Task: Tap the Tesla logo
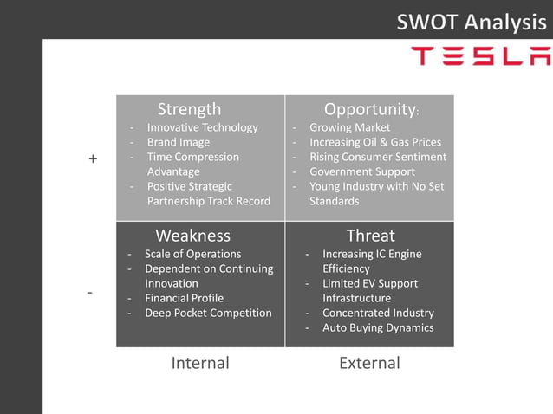(479, 57)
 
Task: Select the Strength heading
(189, 109)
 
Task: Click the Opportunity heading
(370, 109)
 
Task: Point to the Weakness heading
(192, 236)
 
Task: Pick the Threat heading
(370, 236)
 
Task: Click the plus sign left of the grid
(93, 159)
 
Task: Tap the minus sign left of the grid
(89, 293)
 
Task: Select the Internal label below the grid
(200, 363)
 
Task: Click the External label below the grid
(369, 363)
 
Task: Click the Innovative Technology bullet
(202, 127)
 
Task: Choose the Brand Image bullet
(178, 142)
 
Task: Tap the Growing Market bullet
(349, 127)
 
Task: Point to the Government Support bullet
(363, 171)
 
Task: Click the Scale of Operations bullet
(192, 254)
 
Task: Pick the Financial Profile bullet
(184, 298)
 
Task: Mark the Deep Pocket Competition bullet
(208, 313)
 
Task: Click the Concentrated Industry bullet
(378, 313)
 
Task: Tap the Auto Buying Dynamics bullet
(378, 327)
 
